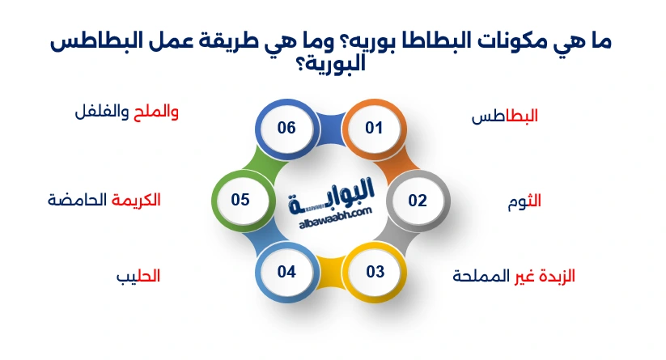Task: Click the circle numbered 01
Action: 373,128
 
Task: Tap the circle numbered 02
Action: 417,200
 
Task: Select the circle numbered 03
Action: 375,271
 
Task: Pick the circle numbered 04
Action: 286,271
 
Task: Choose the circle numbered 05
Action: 240,200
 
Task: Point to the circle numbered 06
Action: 286,128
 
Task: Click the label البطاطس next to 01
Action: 505,116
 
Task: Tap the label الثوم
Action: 523,201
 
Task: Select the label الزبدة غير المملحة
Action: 513,276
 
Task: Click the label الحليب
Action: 138,277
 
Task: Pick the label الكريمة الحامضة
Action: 104,200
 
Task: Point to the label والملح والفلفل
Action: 125,112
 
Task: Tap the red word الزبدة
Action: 556,276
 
